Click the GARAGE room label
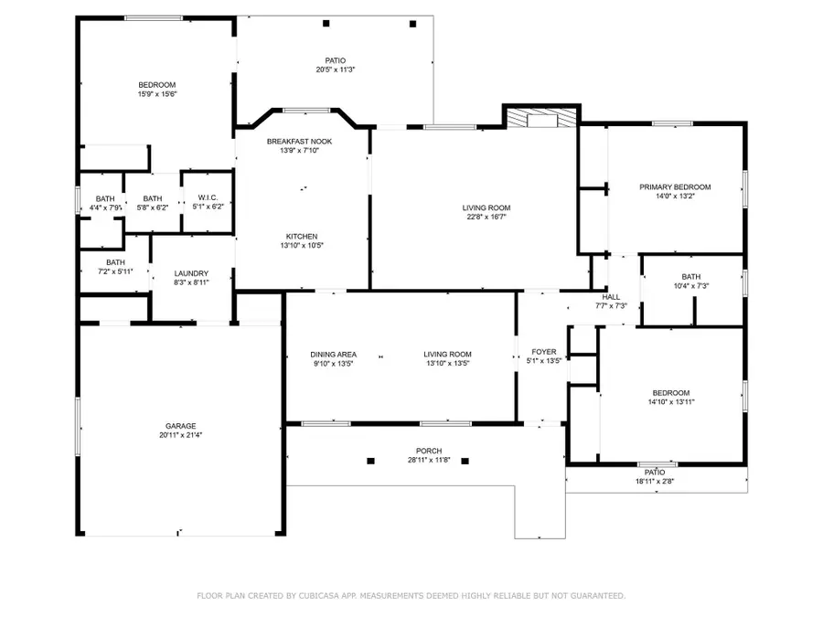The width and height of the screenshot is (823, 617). point(180,426)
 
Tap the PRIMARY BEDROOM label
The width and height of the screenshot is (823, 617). point(674,187)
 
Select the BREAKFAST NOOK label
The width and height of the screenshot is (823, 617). point(299,142)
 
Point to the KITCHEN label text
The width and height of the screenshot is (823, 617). point(301,236)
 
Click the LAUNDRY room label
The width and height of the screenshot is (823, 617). point(191,273)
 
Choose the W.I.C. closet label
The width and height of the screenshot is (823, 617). point(207,198)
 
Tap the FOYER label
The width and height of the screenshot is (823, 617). point(544,351)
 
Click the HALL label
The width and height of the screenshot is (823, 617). point(611,297)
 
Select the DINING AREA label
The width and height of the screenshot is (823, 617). point(333,355)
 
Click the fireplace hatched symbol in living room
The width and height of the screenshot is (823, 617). point(543,119)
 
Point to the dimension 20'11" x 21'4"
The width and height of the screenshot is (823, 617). point(180,435)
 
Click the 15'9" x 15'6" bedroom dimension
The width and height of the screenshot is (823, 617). point(156,94)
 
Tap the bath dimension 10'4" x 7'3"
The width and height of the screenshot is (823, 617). point(690,286)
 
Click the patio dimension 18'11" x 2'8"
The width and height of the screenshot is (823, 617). point(656,481)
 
